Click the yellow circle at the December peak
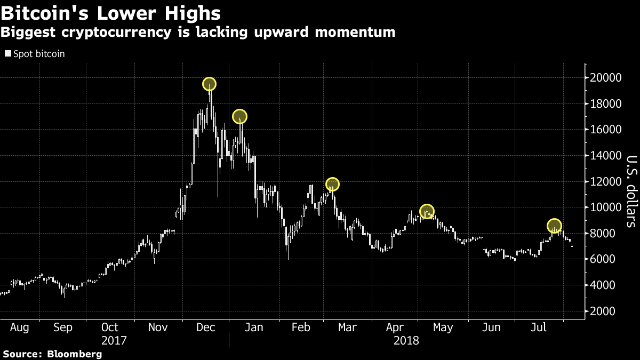(x=209, y=84)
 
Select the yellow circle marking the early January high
(x=239, y=116)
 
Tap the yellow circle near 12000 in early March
(x=332, y=185)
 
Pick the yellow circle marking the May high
(x=427, y=211)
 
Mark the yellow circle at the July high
(x=555, y=226)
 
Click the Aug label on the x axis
(x=19, y=327)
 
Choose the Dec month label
(x=205, y=327)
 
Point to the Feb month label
(x=301, y=327)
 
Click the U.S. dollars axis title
(x=631, y=191)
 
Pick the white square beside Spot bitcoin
(x=7, y=54)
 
